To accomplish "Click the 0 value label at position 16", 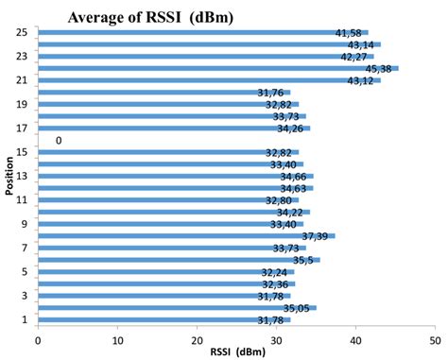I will (60, 140).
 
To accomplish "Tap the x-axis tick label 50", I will (435, 341).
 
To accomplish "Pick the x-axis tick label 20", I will (197, 341).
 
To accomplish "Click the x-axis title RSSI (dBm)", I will (236, 353).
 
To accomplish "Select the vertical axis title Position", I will (8, 180).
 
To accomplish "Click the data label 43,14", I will (363, 44).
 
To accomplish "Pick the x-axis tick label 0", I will (39, 341).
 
